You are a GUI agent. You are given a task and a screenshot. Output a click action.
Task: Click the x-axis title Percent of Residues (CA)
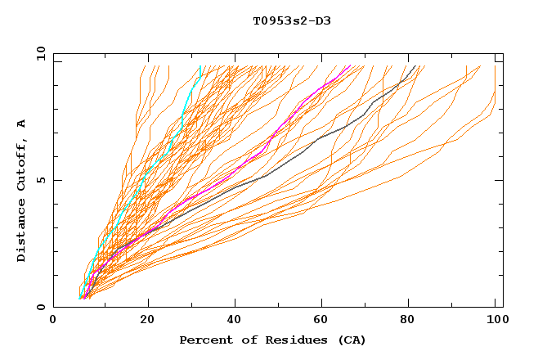[x=272, y=340]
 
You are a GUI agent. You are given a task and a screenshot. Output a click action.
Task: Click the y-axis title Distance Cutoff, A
[x=21, y=191]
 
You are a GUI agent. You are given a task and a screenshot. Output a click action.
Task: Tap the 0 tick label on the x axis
[x=53, y=321]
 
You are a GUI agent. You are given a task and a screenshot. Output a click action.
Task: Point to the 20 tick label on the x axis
[x=147, y=321]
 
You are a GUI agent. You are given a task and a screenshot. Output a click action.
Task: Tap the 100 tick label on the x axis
[x=495, y=321]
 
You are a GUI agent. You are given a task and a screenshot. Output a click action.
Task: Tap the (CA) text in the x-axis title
[x=352, y=340]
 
